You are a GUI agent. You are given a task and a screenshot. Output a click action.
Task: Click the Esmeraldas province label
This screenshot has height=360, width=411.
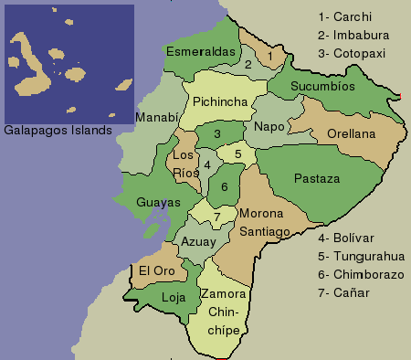click(x=201, y=52)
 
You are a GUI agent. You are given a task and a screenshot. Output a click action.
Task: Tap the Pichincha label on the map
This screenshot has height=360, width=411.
click(x=218, y=102)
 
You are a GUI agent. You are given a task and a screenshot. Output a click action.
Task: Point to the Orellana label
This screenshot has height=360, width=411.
click(x=351, y=134)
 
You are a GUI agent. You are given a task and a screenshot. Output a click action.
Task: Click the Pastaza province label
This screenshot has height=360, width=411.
click(x=316, y=179)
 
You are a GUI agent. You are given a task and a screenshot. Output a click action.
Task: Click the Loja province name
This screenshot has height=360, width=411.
click(x=173, y=298)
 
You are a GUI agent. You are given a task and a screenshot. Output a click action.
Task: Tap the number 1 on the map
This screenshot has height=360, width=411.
click(x=270, y=57)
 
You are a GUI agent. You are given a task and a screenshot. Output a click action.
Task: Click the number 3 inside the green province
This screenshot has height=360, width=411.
click(x=216, y=134)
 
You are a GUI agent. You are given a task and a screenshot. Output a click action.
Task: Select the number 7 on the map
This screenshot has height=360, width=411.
click(x=216, y=217)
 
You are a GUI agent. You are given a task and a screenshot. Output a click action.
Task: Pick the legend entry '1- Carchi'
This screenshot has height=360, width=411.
click(x=352, y=16)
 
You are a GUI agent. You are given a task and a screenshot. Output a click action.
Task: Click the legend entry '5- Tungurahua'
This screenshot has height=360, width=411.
click(x=361, y=256)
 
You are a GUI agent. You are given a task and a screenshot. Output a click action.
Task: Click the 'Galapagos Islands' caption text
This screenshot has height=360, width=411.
click(x=58, y=130)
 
